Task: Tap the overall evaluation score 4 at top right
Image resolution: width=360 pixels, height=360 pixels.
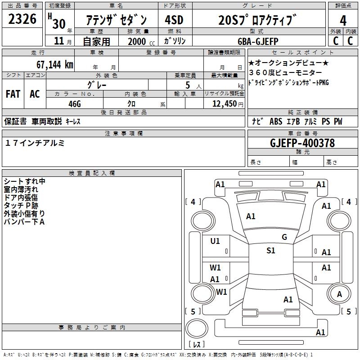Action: (x=343, y=20)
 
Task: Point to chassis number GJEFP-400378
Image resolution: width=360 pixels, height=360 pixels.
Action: (x=302, y=143)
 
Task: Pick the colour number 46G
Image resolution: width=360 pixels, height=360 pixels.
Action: (x=75, y=103)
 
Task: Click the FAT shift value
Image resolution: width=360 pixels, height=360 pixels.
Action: (x=13, y=94)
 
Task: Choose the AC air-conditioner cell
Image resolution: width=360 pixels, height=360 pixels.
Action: (x=35, y=94)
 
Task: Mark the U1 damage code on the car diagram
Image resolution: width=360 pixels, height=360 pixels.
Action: (x=215, y=241)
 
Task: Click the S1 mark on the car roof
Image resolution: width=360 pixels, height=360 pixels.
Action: (x=270, y=251)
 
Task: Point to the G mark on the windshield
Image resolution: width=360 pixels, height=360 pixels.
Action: (x=284, y=237)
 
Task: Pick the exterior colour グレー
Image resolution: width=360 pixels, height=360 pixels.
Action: (x=97, y=85)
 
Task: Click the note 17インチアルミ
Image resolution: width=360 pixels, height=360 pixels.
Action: (x=35, y=143)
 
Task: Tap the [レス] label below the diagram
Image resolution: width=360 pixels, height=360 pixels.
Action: (x=197, y=345)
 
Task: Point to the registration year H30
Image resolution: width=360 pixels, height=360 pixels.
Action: (x=58, y=20)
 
